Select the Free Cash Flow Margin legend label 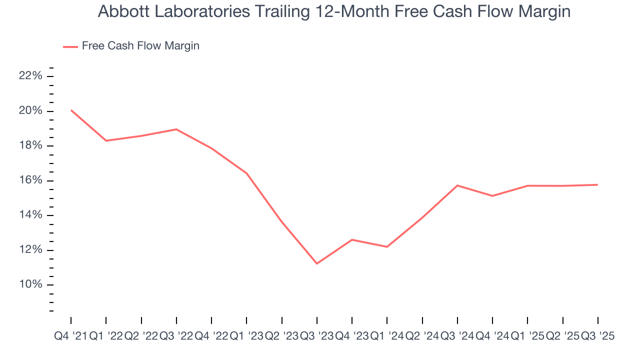[140, 46]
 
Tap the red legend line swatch [70, 46]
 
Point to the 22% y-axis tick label [30, 76]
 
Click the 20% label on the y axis [30, 111]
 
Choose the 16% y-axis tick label [30, 180]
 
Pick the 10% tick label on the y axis [30, 285]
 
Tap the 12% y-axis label [30, 250]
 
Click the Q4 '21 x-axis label [70, 336]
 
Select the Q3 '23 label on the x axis [316, 336]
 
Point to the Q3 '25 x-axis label [597, 336]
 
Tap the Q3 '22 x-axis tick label [176, 336]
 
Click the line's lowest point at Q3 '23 [317, 263]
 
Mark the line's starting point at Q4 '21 [71, 110]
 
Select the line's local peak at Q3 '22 [176, 129]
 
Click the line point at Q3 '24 [457, 185]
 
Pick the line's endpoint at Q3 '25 [597, 185]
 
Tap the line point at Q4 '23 [352, 239]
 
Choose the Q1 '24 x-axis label [387, 336]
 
